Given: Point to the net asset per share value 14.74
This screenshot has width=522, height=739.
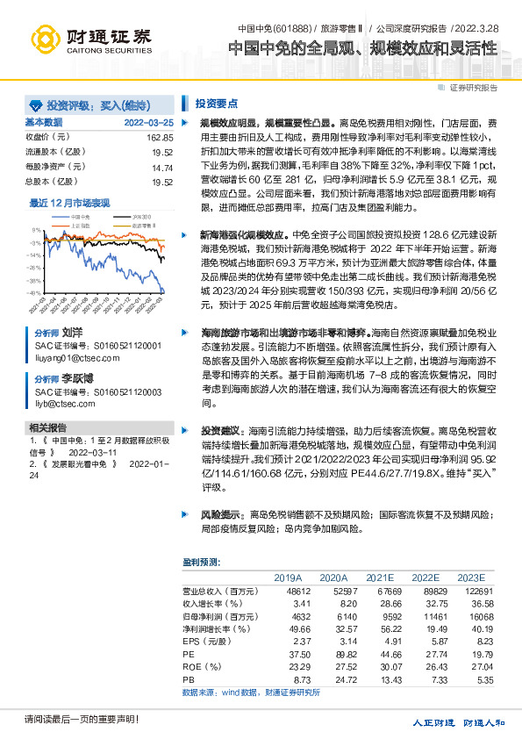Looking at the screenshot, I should [162, 167].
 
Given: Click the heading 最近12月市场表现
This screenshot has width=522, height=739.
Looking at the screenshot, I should [70, 202].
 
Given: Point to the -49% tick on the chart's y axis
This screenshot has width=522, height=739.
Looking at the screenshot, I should [33, 293].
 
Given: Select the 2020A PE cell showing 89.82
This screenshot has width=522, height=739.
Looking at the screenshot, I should [335, 654].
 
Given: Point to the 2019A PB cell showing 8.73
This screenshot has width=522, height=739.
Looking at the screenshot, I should [290, 679].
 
